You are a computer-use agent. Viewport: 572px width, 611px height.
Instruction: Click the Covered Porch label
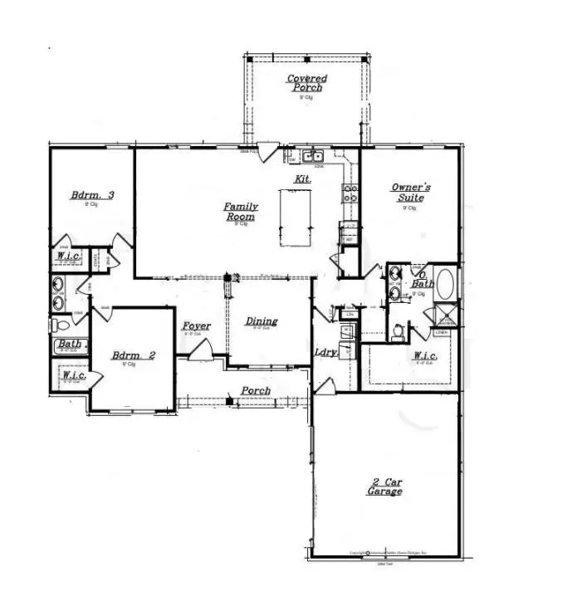click(x=306, y=83)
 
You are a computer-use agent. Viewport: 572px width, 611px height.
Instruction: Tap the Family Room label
click(x=241, y=212)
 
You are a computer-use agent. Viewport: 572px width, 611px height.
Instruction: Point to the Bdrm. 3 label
click(x=91, y=196)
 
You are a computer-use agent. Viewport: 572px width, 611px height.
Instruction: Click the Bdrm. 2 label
click(x=134, y=356)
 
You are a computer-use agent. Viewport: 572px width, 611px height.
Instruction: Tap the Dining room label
click(x=262, y=322)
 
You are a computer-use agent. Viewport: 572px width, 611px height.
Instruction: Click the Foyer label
click(x=196, y=326)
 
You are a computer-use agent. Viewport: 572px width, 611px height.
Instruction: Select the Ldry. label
click(x=325, y=352)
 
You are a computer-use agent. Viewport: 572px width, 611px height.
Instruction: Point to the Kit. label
click(x=302, y=179)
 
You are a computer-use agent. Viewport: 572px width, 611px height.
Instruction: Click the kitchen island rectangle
click(x=296, y=217)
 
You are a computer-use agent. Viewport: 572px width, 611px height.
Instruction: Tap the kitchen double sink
click(x=312, y=156)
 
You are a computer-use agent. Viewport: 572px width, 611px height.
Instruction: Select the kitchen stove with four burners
click(x=350, y=193)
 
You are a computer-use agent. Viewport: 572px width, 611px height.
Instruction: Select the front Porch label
click(x=256, y=390)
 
